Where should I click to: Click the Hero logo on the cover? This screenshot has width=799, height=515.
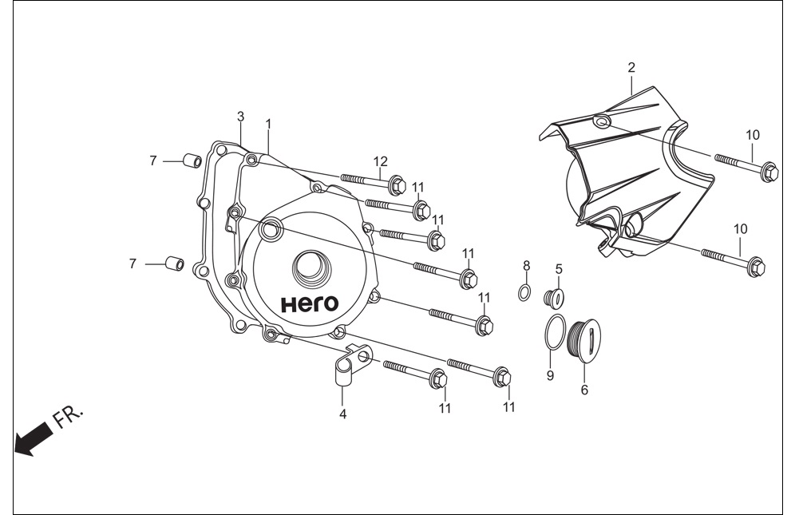pos(310,304)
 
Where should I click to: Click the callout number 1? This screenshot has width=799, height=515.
pos(268,124)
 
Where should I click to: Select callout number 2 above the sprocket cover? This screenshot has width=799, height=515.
pos(631,67)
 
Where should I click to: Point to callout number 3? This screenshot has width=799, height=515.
pos(240,117)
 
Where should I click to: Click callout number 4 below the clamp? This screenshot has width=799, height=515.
pos(343,414)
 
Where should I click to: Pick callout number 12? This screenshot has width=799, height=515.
pos(381,161)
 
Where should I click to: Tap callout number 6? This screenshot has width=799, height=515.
pos(584,390)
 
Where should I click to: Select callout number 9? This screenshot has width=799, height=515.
pos(550,376)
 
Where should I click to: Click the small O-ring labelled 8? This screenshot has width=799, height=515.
pos(524,293)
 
